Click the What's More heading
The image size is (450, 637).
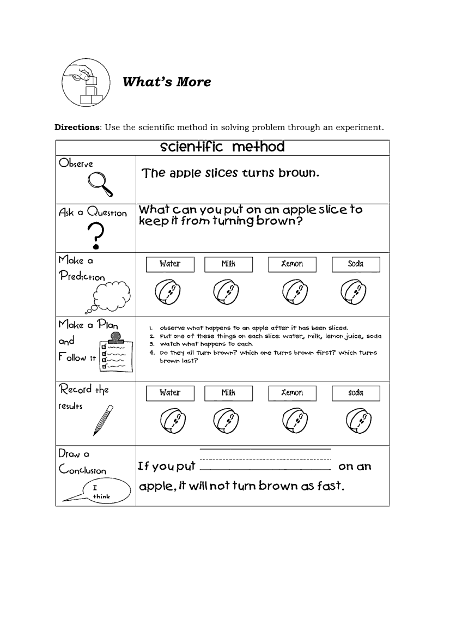tap(167, 82)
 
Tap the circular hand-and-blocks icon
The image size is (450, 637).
tap(86, 83)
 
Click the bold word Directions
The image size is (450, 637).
tap(77, 128)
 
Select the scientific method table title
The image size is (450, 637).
tap(222, 147)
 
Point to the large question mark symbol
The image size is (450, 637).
tap(96, 234)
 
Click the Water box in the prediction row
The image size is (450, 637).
tap(170, 264)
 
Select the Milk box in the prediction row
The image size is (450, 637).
tap(228, 264)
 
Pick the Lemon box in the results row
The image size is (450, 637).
tap(292, 393)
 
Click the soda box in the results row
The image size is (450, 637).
tap(356, 393)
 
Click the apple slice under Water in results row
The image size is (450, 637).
tap(173, 421)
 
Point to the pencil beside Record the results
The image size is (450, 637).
tap(103, 420)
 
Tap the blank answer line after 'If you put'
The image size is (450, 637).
tap(265, 467)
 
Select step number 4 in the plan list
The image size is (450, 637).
tap(151, 353)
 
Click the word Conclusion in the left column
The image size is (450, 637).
tap(82, 470)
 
